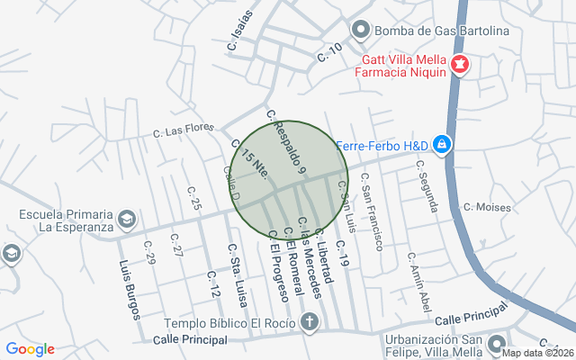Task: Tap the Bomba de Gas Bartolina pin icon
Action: (361, 30)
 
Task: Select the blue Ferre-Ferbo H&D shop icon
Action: (442, 144)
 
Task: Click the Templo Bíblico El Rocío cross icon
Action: (310, 322)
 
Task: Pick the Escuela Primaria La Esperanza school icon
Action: (127, 220)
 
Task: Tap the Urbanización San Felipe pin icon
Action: (496, 344)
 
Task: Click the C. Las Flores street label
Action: (184, 130)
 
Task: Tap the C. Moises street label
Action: (486, 207)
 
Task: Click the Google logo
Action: (30, 349)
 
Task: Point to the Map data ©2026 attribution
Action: (537, 353)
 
